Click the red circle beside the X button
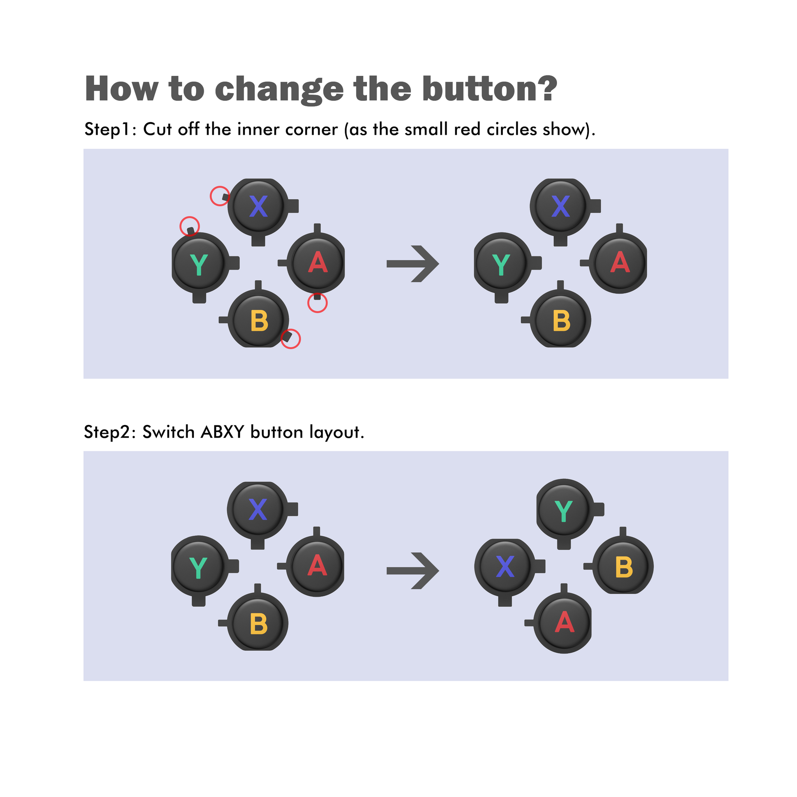211,196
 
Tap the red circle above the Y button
180,226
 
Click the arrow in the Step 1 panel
413,264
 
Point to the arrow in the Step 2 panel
413,571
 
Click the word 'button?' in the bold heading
490,89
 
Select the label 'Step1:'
110,130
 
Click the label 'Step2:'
110,432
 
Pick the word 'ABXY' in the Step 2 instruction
223,432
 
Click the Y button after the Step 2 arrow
564,511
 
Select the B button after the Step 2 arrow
623,567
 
